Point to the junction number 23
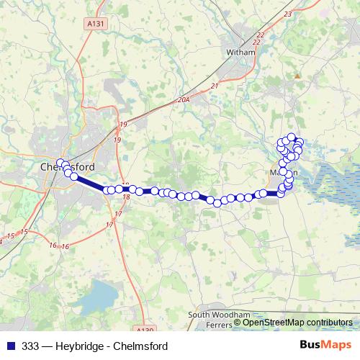(289, 14)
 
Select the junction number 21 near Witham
(215, 86)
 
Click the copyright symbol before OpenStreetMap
(238, 323)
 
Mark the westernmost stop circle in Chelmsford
(60, 163)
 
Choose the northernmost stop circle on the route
(292, 137)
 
